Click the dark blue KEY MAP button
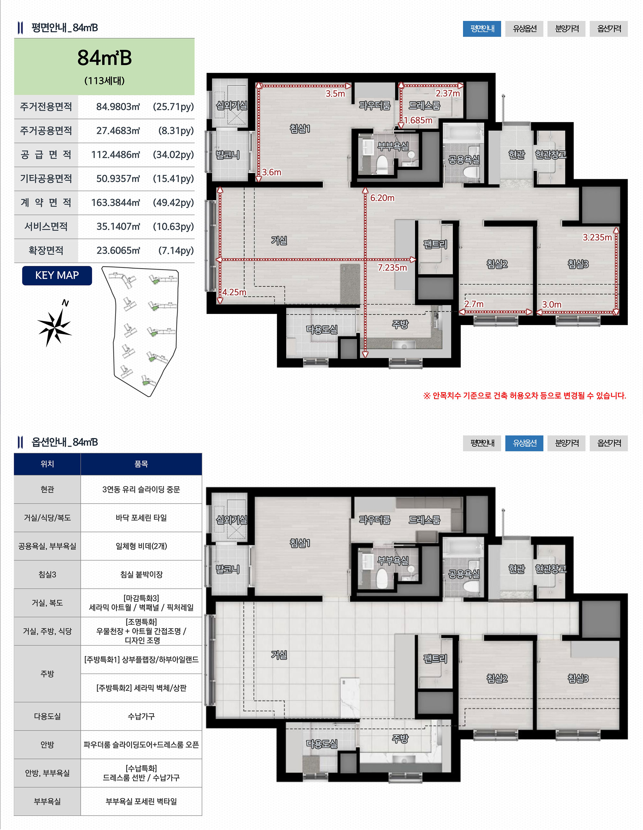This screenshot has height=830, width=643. click(x=57, y=276)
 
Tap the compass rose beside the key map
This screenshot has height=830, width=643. click(x=55, y=325)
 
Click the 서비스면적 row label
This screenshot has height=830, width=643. click(x=46, y=226)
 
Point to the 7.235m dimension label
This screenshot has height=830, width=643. click(x=392, y=268)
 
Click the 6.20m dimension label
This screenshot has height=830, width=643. click(x=382, y=198)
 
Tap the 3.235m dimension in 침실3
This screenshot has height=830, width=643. click(x=597, y=238)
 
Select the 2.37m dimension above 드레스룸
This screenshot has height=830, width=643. click(x=448, y=94)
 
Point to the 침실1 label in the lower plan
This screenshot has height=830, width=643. click(x=300, y=543)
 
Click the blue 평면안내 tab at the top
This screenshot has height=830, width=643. click(x=482, y=29)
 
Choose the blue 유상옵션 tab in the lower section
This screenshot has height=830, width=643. click(x=524, y=443)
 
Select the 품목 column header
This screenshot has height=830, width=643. click(x=141, y=464)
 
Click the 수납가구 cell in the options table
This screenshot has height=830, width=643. click(x=141, y=716)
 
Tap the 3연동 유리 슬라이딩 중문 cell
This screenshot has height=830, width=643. click(x=141, y=489)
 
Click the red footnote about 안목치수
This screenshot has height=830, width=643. click(x=524, y=396)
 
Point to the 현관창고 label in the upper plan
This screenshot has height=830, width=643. click(x=550, y=154)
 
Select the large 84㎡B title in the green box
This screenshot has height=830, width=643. click(x=104, y=58)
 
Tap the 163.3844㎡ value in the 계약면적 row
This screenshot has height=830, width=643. click(x=115, y=203)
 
